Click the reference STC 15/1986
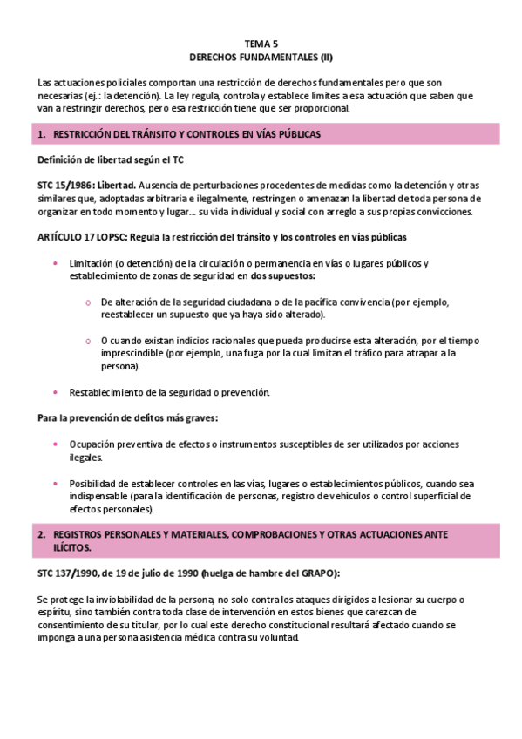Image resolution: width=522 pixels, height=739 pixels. [x=65, y=186]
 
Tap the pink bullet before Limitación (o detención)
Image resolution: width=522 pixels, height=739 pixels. [x=57, y=263]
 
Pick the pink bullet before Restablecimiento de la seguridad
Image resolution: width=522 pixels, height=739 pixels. [x=57, y=392]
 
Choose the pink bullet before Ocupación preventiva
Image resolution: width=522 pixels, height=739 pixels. [x=57, y=444]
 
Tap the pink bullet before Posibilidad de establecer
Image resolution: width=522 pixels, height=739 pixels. [x=57, y=483]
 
